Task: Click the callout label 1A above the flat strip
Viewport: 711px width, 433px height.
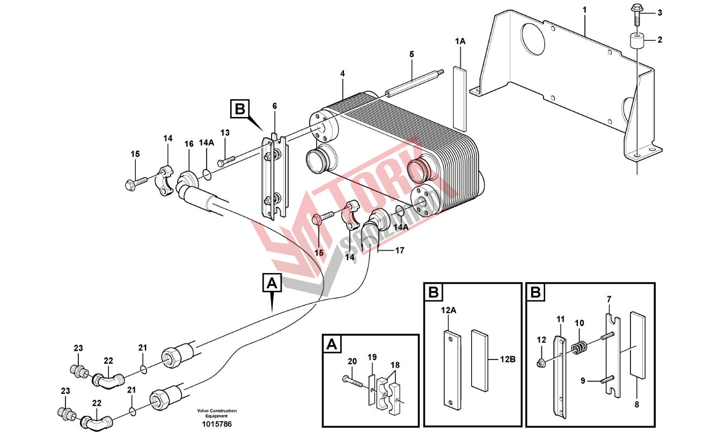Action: [460, 41]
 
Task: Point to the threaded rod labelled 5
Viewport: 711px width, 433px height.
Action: [413, 81]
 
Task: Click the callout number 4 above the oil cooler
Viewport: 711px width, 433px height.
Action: [342, 74]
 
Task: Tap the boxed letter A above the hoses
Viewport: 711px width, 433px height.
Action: [272, 283]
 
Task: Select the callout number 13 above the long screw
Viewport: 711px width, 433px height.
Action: [225, 133]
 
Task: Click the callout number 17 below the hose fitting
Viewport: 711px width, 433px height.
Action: [400, 250]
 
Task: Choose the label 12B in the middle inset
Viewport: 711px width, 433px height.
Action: [508, 359]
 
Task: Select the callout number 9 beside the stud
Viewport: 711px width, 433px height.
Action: [582, 381]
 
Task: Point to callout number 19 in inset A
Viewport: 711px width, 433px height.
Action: [372, 357]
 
